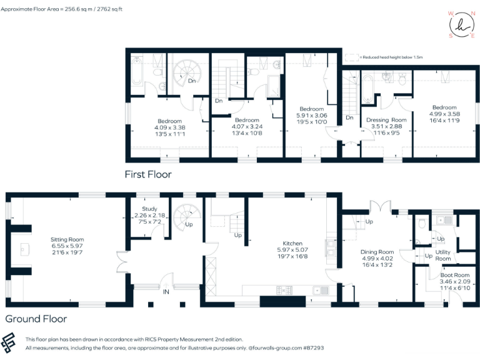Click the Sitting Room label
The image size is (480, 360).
[x=67, y=239]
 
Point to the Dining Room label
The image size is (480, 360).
[x=377, y=252]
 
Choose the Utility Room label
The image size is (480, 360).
[x=442, y=255]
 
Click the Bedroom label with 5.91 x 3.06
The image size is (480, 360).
[x=311, y=109]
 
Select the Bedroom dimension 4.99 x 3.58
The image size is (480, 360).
[x=444, y=114]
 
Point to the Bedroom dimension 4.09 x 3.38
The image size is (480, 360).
[x=169, y=127]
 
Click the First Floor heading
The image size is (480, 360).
[x=147, y=174]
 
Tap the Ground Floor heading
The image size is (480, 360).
[x=36, y=319]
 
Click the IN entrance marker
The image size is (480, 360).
[x=166, y=292]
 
